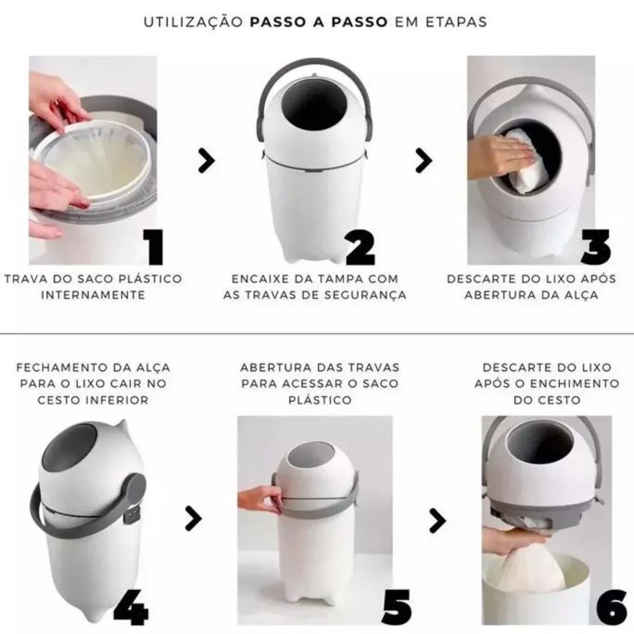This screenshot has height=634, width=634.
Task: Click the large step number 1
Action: (x=154, y=247)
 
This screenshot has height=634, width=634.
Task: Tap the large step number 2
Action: (x=360, y=247)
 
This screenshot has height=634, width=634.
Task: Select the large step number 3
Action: (x=595, y=247)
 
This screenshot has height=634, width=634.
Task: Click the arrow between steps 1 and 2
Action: (x=207, y=161)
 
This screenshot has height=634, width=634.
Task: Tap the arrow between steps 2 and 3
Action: (x=424, y=161)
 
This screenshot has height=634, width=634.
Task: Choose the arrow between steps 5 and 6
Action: (x=438, y=520)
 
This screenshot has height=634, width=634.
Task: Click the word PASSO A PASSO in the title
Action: (x=319, y=22)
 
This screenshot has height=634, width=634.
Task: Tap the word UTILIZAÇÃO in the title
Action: (x=193, y=22)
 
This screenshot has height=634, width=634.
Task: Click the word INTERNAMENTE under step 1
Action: (x=93, y=295)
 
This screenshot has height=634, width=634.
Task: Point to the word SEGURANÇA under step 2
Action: (x=366, y=295)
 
